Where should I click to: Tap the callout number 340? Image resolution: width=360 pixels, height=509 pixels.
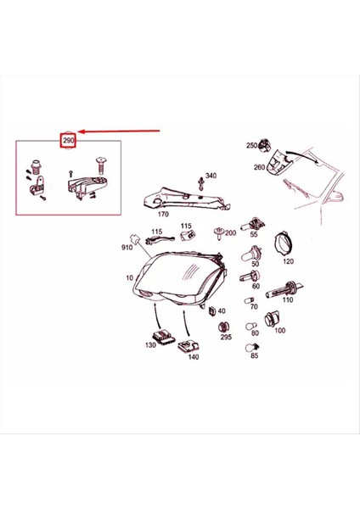(x=211, y=176)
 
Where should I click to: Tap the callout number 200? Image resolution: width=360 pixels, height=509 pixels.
(x=231, y=232)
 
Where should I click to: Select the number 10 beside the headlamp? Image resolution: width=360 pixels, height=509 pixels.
(x=130, y=278)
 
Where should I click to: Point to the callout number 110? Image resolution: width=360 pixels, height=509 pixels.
(x=288, y=300)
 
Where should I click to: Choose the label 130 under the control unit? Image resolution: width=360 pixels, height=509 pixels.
(x=151, y=346)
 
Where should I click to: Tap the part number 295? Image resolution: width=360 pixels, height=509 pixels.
(x=226, y=337)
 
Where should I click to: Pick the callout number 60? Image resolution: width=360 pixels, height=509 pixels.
(x=255, y=287)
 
